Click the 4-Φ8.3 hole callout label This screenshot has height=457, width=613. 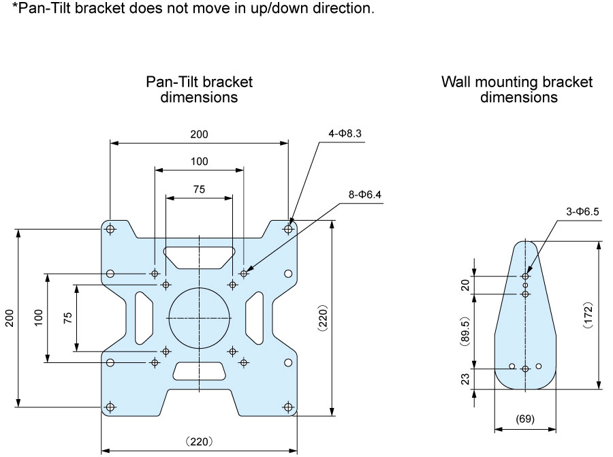click(345, 133)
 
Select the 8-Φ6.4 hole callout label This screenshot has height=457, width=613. click(365, 194)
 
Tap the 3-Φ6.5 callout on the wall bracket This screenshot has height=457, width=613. click(582, 212)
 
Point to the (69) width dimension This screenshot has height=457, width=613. click(525, 419)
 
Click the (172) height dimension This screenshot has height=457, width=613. click(588, 315)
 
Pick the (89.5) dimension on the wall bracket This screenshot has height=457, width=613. click(465, 332)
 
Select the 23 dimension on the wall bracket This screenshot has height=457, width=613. click(465, 379)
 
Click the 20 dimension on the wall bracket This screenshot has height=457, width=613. click(465, 285)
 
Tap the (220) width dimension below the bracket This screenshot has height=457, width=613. click(199, 442)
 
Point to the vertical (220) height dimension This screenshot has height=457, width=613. click(323, 318)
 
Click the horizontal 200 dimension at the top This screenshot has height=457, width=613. click(199, 134)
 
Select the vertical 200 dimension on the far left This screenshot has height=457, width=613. click(10, 318)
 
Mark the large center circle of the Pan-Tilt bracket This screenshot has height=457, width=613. click(199, 288)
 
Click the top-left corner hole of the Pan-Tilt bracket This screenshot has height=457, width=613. click(110, 229)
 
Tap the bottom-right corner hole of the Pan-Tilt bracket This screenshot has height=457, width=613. click(288, 407)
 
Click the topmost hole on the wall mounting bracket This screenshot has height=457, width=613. click(525, 277)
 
